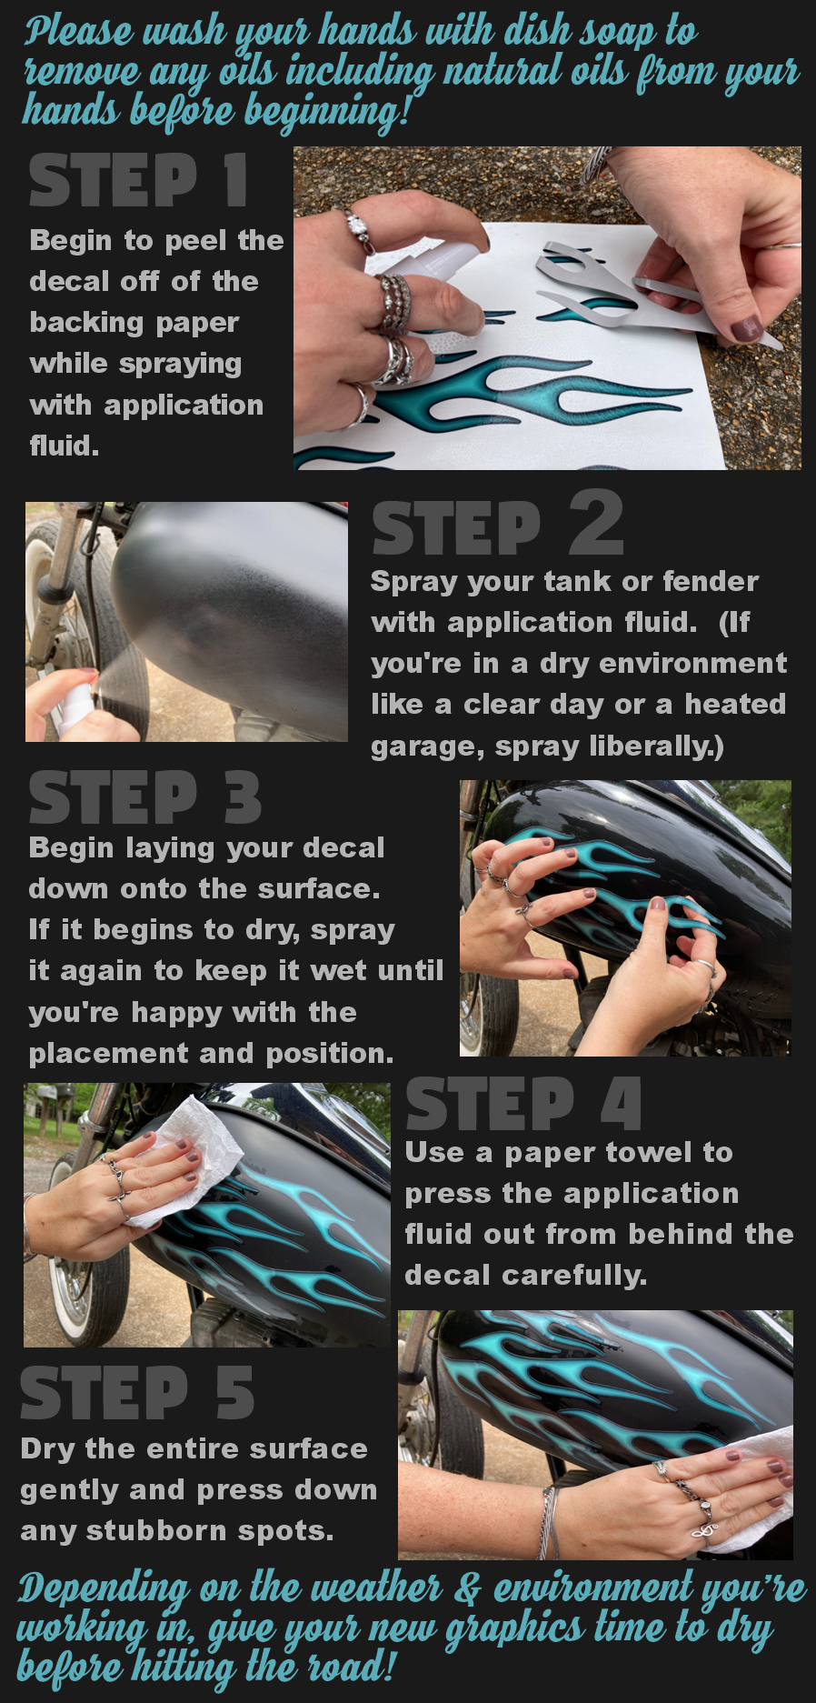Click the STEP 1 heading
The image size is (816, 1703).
(x=138, y=179)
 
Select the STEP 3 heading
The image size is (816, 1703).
(x=145, y=796)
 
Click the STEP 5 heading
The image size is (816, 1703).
(x=137, y=1392)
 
